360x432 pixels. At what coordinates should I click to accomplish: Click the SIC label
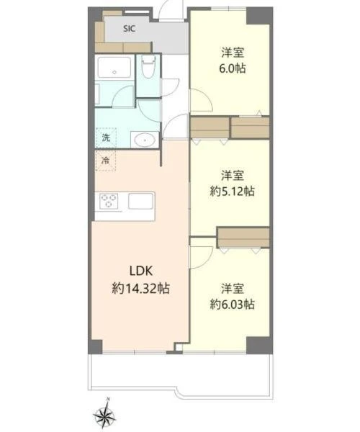[129, 29]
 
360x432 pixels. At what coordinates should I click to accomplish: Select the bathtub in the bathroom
[114, 68]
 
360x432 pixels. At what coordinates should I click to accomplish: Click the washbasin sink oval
[145, 140]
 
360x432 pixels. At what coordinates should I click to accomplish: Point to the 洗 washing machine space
[106, 138]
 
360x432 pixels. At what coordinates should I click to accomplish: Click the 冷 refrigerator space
[106, 161]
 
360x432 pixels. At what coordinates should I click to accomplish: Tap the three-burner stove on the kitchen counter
[109, 201]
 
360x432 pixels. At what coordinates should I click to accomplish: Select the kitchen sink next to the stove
[140, 201]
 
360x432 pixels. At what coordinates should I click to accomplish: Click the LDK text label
[140, 271]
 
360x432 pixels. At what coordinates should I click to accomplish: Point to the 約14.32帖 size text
[140, 289]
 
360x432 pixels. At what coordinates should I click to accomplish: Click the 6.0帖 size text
[233, 68]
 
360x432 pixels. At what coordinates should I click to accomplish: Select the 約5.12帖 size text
[232, 192]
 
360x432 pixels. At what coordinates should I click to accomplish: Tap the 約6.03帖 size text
[232, 305]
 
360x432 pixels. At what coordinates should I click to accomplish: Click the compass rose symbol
[104, 415]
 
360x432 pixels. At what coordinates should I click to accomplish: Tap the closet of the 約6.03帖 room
[243, 237]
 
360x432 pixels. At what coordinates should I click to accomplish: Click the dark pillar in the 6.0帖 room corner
[258, 16]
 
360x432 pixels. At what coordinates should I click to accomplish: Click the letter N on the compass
[109, 399]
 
